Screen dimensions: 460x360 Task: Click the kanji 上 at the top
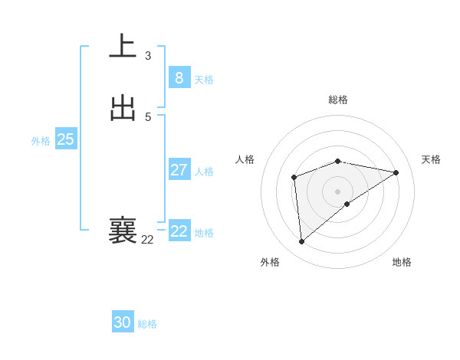click(x=123, y=46)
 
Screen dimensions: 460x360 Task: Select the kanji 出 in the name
click(x=123, y=108)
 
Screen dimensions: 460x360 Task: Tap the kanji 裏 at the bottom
click(x=123, y=231)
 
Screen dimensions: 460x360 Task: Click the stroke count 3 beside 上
click(x=148, y=55)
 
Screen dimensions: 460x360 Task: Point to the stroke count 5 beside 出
click(x=148, y=116)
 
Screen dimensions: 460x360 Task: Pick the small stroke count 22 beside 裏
click(x=148, y=240)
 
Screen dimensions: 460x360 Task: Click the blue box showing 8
click(x=179, y=78)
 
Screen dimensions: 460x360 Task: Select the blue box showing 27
click(x=179, y=170)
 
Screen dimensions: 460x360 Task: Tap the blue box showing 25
click(x=65, y=139)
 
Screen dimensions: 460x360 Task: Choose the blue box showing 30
click(x=123, y=322)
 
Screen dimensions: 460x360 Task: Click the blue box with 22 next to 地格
click(x=179, y=231)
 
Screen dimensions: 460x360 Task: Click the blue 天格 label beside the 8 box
click(x=204, y=80)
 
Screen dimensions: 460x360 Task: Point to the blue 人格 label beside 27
click(x=204, y=172)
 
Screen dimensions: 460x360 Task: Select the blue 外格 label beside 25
click(x=41, y=141)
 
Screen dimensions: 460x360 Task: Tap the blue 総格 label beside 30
click(x=147, y=324)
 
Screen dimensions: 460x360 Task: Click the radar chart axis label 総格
click(x=338, y=100)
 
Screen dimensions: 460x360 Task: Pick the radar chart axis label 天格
click(x=431, y=159)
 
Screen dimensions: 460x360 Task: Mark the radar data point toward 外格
click(x=302, y=241)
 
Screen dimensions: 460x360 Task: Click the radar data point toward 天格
click(x=396, y=172)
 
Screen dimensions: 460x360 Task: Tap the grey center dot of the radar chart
click(x=338, y=191)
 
